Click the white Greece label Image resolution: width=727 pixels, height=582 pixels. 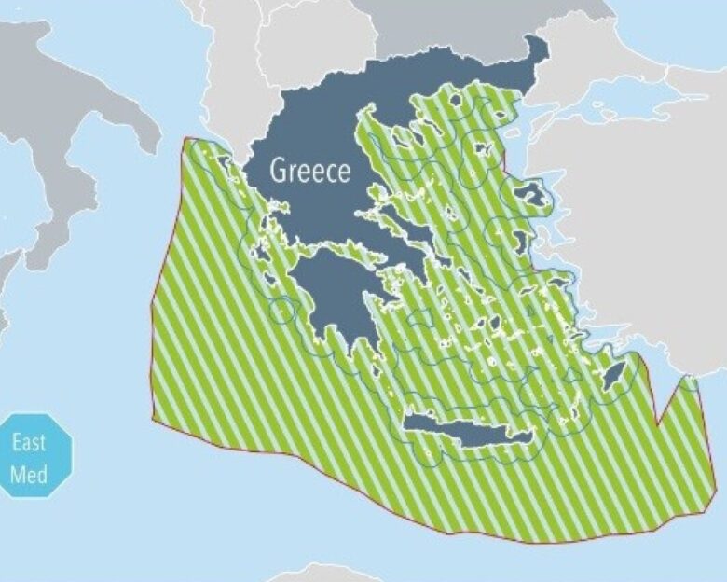[x=310, y=171]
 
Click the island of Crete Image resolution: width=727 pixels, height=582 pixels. [x=466, y=431]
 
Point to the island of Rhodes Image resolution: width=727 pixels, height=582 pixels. [x=612, y=377]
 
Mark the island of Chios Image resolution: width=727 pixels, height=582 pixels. [x=518, y=244]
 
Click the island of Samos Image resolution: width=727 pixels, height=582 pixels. [x=558, y=281]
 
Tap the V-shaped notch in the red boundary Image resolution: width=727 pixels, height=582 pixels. [x=658, y=424]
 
